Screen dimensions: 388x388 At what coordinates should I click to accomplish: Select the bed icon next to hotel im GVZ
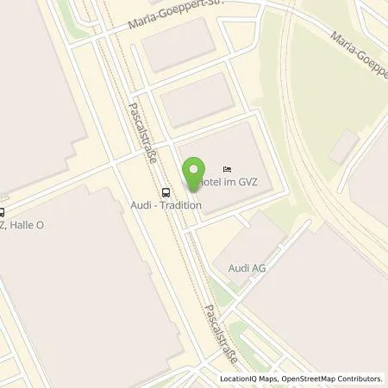[227, 169]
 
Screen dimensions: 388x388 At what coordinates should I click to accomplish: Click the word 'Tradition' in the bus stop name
[185, 205]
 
